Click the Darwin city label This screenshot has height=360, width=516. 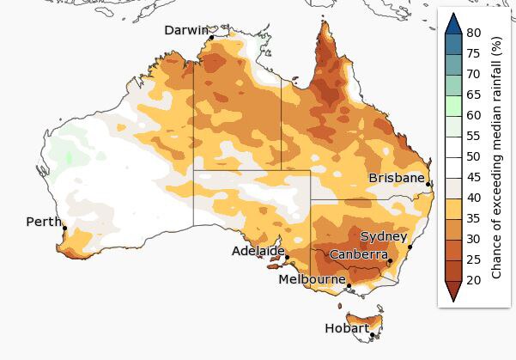[186, 31]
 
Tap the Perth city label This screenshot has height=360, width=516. [43, 222]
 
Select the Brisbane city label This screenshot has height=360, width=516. [396, 178]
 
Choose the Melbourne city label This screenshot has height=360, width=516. [312, 279]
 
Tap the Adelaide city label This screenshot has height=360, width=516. [258, 251]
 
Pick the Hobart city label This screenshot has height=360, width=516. [347, 328]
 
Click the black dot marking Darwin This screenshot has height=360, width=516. [211, 37]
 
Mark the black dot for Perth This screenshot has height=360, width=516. [64, 228]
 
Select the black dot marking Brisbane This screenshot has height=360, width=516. [428, 182]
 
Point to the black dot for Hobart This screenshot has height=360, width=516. [372, 335]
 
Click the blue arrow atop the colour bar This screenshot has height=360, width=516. [453, 21]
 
